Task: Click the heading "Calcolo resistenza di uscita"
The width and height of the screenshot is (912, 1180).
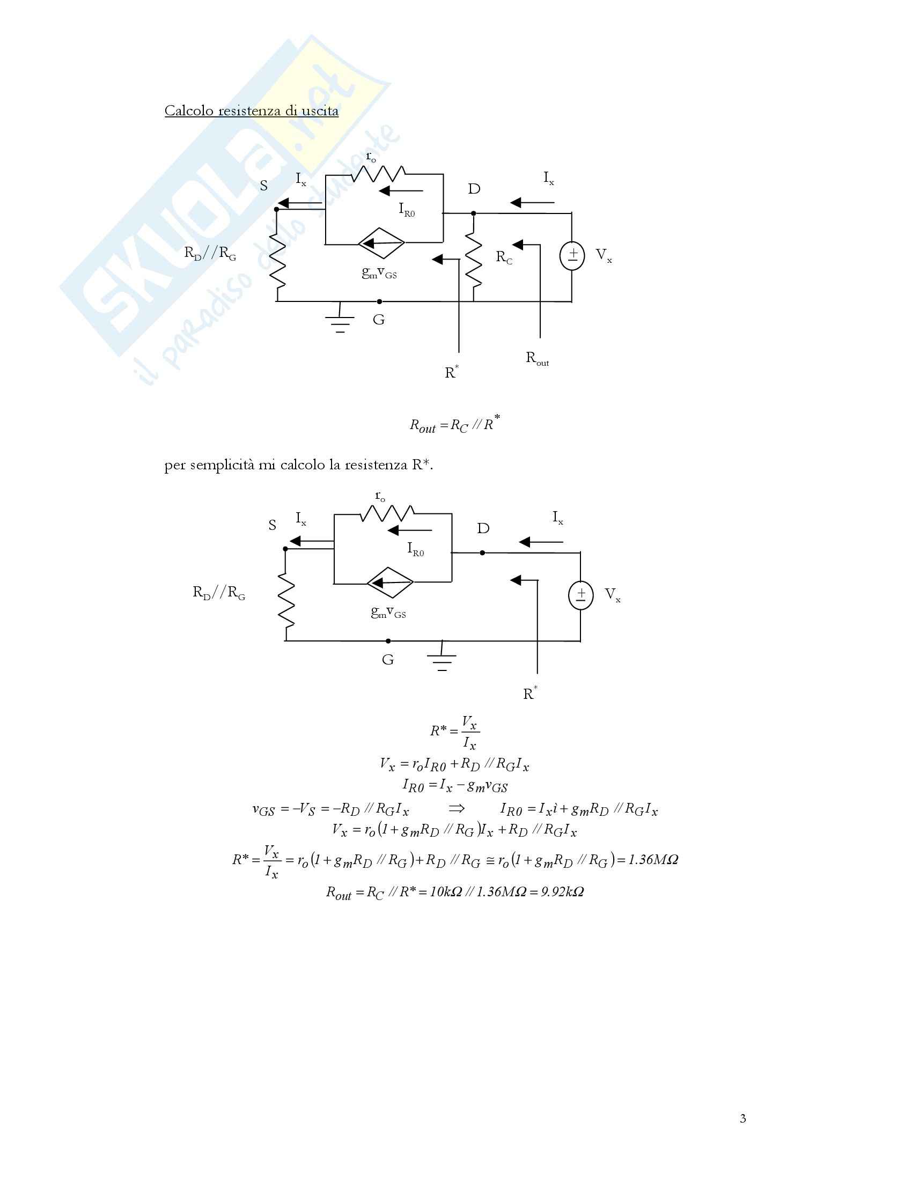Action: (251, 111)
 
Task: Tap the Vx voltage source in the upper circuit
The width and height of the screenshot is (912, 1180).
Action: (572, 255)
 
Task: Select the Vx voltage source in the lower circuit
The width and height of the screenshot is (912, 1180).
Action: (581, 595)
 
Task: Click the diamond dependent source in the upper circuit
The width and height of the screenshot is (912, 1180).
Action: (381, 244)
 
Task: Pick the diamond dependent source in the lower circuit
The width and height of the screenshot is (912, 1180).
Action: (390, 583)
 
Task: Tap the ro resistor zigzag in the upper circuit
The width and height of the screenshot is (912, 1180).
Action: (378, 174)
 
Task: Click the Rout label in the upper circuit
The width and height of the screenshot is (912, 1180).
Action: (537, 359)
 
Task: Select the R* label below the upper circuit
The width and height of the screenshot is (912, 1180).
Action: (451, 372)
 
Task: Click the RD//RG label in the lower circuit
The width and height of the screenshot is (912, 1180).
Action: (219, 593)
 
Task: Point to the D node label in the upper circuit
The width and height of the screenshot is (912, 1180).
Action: (474, 189)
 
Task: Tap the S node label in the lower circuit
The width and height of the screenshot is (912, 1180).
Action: (273, 525)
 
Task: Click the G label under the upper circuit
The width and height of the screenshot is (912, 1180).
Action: (379, 320)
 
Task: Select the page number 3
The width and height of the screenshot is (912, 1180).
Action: (743, 1119)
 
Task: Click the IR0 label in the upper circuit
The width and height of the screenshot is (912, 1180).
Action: (407, 210)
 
